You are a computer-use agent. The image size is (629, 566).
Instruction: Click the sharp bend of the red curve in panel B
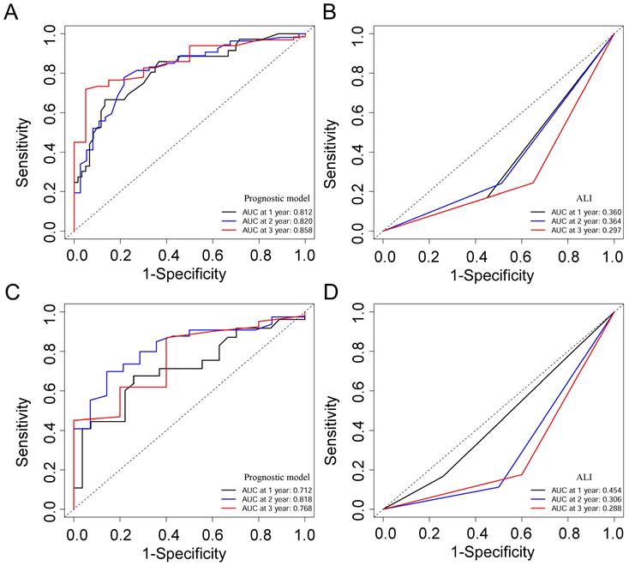tap(534, 182)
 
